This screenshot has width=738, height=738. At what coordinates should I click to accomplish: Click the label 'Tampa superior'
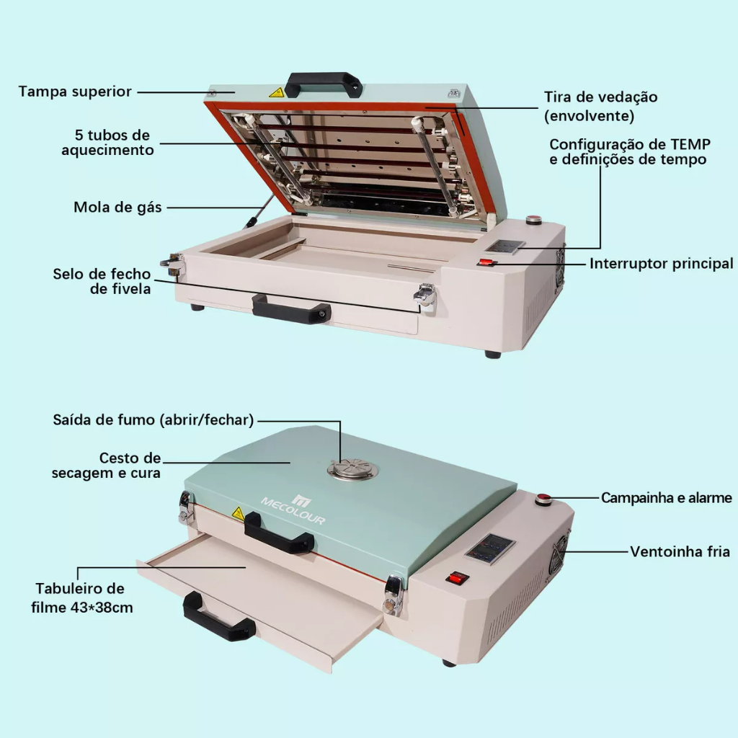75,92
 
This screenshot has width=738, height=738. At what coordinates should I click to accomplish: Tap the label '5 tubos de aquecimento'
108,142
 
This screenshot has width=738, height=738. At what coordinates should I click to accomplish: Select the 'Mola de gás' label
117,207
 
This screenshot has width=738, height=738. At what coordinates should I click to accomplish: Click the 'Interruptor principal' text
662,264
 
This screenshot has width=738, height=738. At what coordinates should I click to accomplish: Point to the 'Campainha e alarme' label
667,497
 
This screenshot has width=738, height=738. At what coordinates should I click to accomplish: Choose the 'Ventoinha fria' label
680,551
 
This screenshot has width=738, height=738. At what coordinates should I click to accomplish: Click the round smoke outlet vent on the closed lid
352,469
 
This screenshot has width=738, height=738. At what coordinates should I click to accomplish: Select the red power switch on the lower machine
457,577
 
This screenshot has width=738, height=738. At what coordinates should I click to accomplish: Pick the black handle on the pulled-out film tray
218,617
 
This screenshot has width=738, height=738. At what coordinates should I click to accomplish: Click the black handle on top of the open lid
324,84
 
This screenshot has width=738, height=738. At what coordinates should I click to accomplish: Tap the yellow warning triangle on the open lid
277,92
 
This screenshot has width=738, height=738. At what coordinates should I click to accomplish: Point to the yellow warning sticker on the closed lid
238,513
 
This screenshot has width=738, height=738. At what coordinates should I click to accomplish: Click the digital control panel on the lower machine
490,548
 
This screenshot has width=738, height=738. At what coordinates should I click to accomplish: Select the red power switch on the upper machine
486,262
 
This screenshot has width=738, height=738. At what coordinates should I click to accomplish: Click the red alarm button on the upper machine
533,219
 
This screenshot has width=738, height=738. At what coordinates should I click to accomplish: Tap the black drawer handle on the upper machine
291,309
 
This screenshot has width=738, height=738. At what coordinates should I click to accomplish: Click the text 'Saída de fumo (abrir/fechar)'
153,420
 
